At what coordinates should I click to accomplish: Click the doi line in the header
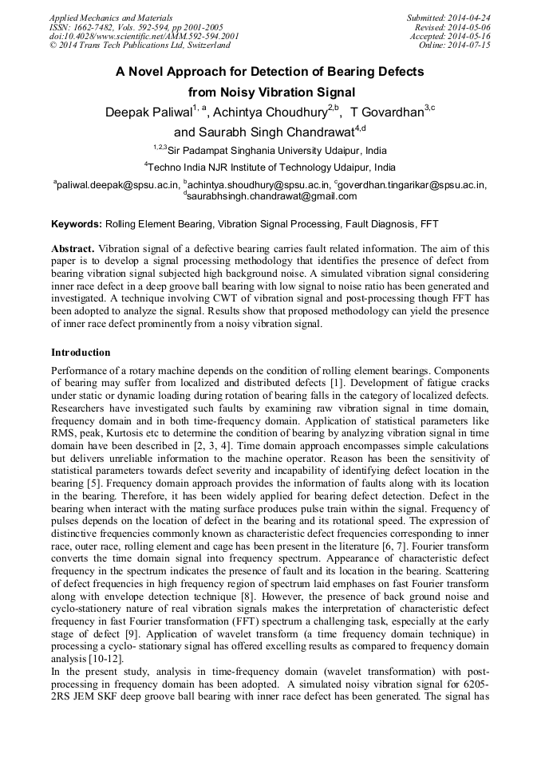[144, 37]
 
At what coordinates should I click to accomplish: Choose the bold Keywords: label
[77, 224]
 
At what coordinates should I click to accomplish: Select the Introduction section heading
[81, 352]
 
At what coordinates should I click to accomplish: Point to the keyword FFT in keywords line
[428, 224]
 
